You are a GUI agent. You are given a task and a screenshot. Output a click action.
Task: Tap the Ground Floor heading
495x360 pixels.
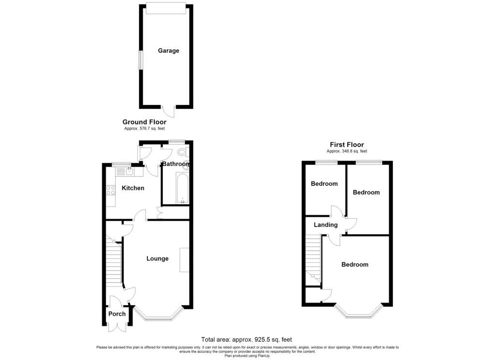pos(144,122)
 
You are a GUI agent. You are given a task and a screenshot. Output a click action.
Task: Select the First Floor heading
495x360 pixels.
pos(347,145)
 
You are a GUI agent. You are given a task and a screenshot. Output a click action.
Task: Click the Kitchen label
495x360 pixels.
pos(132,188)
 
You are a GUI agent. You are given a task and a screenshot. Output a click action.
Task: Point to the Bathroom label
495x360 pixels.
pos(175,164)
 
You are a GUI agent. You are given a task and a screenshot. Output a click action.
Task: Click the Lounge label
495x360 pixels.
pos(158,258)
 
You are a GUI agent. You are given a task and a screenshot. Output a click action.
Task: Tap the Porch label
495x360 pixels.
pos(116,314)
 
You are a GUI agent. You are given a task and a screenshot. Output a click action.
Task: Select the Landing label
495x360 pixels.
pos(325,225)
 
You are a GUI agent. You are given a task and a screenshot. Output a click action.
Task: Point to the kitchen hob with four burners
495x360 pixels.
pos(111,190)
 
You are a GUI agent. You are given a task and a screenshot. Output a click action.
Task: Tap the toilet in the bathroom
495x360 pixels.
pos(182,152)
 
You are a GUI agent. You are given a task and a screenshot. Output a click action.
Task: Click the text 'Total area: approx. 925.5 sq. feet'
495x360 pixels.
pos(247,340)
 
